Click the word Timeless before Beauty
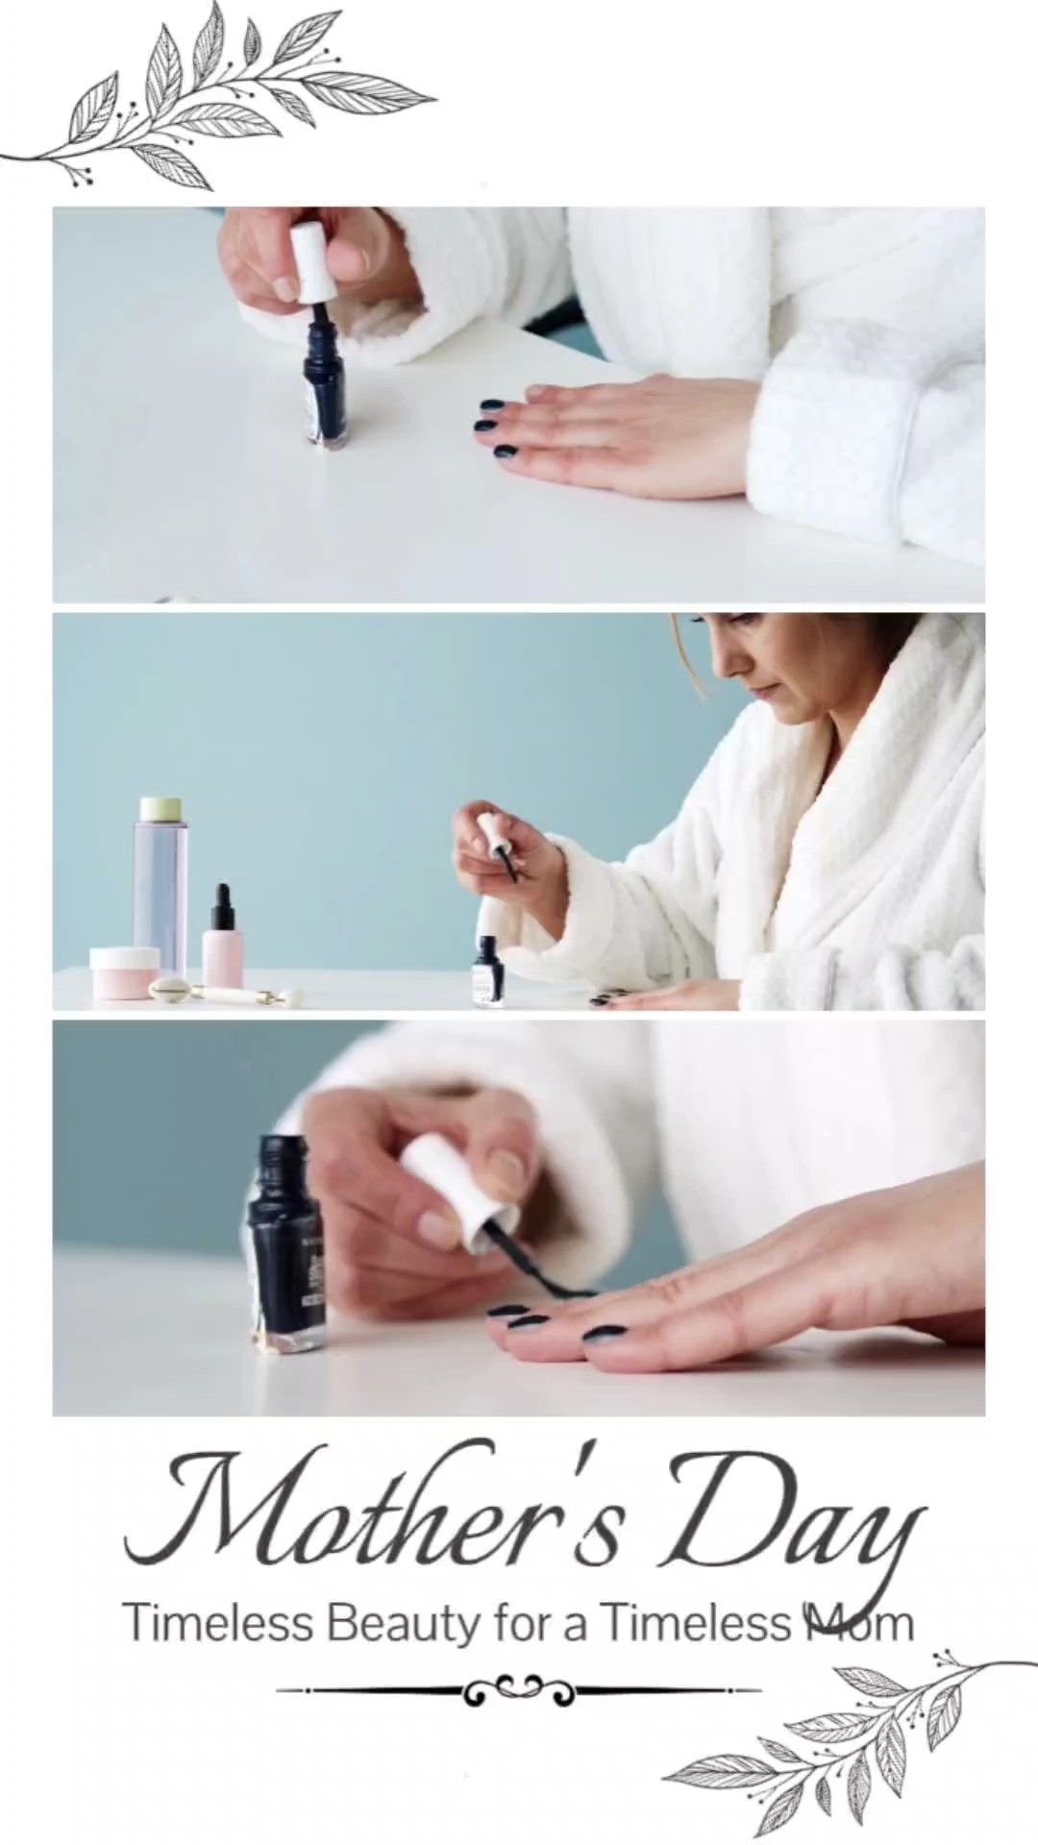point(218,1623)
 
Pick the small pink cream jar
point(124,972)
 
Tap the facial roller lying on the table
point(227,992)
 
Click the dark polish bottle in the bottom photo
point(287,1243)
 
